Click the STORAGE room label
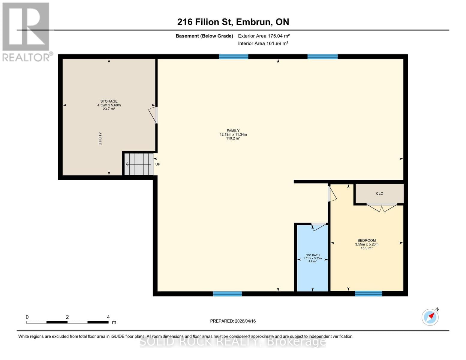point(109,101)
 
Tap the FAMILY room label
point(233,131)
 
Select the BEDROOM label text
point(366,241)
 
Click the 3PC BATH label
point(312,255)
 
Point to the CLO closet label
point(380,193)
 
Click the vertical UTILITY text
point(100,139)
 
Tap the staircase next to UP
point(139,164)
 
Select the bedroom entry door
point(332,193)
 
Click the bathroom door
point(319,226)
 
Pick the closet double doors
point(382,207)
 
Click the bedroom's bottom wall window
point(368,294)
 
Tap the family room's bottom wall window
point(227,294)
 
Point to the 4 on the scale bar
point(108,317)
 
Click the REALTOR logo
point(26,31)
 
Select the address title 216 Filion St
point(233,22)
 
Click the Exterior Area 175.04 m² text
point(264,36)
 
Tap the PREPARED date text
point(233,321)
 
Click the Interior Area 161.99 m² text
point(263,43)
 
